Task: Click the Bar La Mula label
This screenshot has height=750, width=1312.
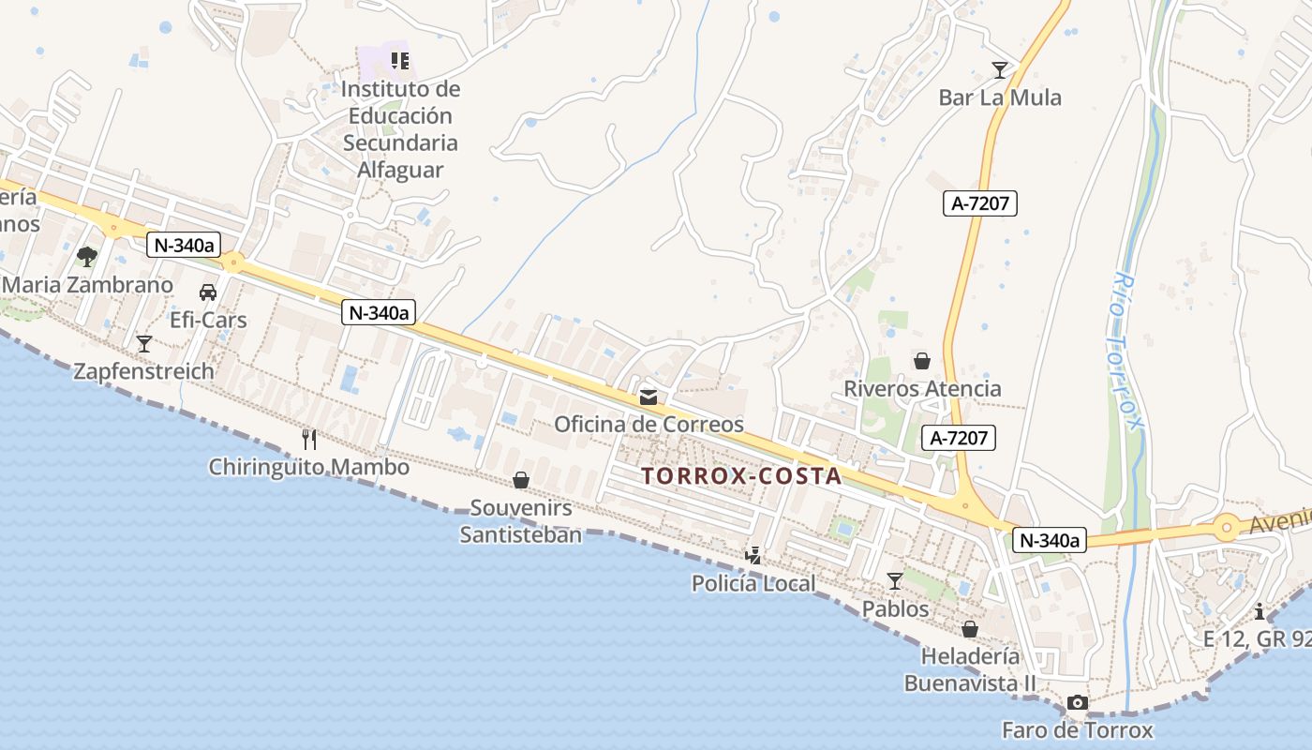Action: [1000, 97]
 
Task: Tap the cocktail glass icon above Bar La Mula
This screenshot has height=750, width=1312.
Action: [1000, 70]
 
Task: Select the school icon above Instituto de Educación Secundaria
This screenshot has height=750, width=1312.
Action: [400, 62]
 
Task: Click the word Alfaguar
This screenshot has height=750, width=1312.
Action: [400, 170]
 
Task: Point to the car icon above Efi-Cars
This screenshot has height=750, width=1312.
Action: [208, 292]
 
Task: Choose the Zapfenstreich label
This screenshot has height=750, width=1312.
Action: [144, 371]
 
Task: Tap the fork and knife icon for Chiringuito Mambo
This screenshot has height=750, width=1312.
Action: [309, 439]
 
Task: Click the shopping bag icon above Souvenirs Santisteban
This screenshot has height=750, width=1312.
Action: [521, 481]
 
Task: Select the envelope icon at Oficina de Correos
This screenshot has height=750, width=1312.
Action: [649, 397]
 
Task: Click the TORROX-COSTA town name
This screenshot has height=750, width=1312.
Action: [742, 476]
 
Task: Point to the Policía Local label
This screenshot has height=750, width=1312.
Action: [753, 583]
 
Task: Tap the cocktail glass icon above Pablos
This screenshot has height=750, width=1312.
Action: [895, 581]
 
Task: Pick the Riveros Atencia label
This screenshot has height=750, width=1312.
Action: [922, 388]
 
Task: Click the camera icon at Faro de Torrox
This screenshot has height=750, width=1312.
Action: [1078, 702]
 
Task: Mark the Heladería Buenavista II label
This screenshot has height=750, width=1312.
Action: [970, 669]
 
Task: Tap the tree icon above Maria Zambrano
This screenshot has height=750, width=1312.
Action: [87, 256]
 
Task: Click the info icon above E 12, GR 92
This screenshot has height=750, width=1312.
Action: [1260, 611]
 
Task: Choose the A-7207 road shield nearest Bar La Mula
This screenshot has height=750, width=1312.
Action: [980, 203]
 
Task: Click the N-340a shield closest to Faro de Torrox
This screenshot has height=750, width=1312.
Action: [1049, 540]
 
